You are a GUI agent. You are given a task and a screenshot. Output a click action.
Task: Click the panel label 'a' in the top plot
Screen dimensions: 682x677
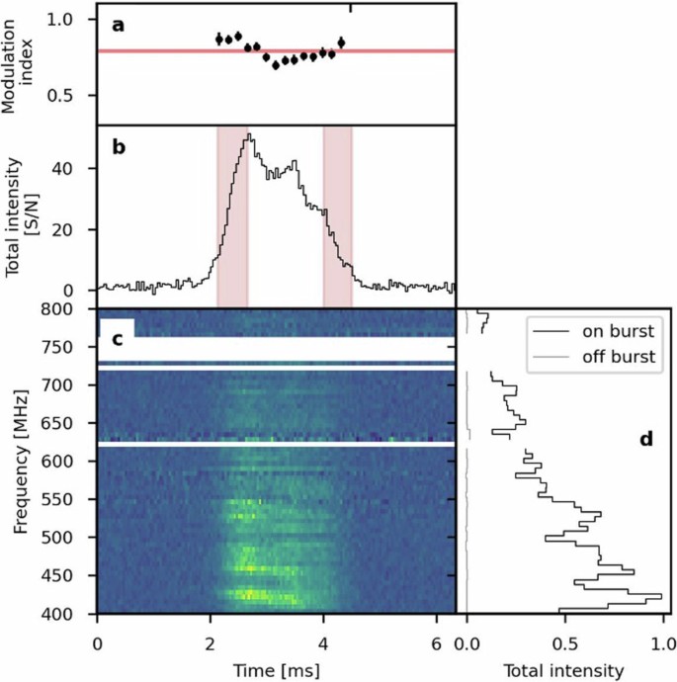pyautogui.click(x=118, y=26)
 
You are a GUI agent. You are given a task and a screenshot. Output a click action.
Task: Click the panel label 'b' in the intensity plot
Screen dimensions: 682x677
pyautogui.click(x=118, y=148)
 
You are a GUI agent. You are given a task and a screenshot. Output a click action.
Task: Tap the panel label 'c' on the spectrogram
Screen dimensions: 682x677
pyautogui.click(x=117, y=341)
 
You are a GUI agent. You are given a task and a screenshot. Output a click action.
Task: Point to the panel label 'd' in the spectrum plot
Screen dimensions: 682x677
pyautogui.click(x=646, y=438)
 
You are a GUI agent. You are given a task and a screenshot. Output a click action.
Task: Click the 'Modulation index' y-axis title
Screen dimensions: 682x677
pyautogui.click(x=21, y=63)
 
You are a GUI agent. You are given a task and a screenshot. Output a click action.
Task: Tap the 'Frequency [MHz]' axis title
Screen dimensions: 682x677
pyautogui.click(x=21, y=461)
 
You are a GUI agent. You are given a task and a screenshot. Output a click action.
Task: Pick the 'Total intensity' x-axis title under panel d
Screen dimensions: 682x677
pyautogui.click(x=564, y=670)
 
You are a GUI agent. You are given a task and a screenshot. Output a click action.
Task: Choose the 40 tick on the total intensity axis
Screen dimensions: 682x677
pyautogui.click(x=79, y=168)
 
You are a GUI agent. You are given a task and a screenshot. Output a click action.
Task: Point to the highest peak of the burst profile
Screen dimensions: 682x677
pyautogui.click(x=249, y=134)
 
